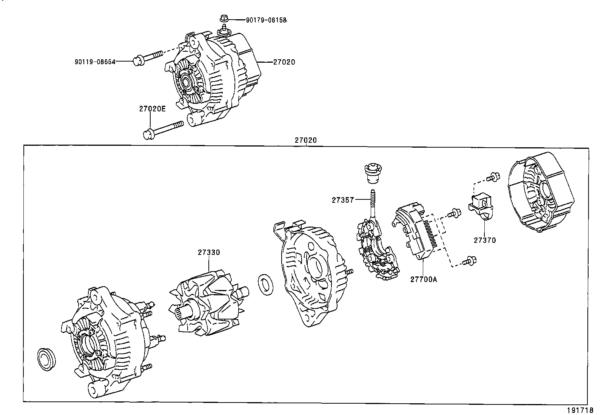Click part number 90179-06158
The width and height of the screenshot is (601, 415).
tap(266, 19)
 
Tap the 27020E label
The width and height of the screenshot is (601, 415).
tap(152, 109)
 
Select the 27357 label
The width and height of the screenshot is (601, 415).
tap(343, 200)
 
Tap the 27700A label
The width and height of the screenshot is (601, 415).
tap(424, 279)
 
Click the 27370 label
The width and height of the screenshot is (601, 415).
tap(485, 240)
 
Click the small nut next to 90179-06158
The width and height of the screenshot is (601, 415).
tap(223, 18)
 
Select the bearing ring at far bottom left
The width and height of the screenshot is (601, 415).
tap(46, 357)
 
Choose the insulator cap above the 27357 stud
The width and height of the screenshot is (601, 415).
tap(373, 173)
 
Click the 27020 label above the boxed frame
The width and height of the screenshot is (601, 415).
tap(305, 140)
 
